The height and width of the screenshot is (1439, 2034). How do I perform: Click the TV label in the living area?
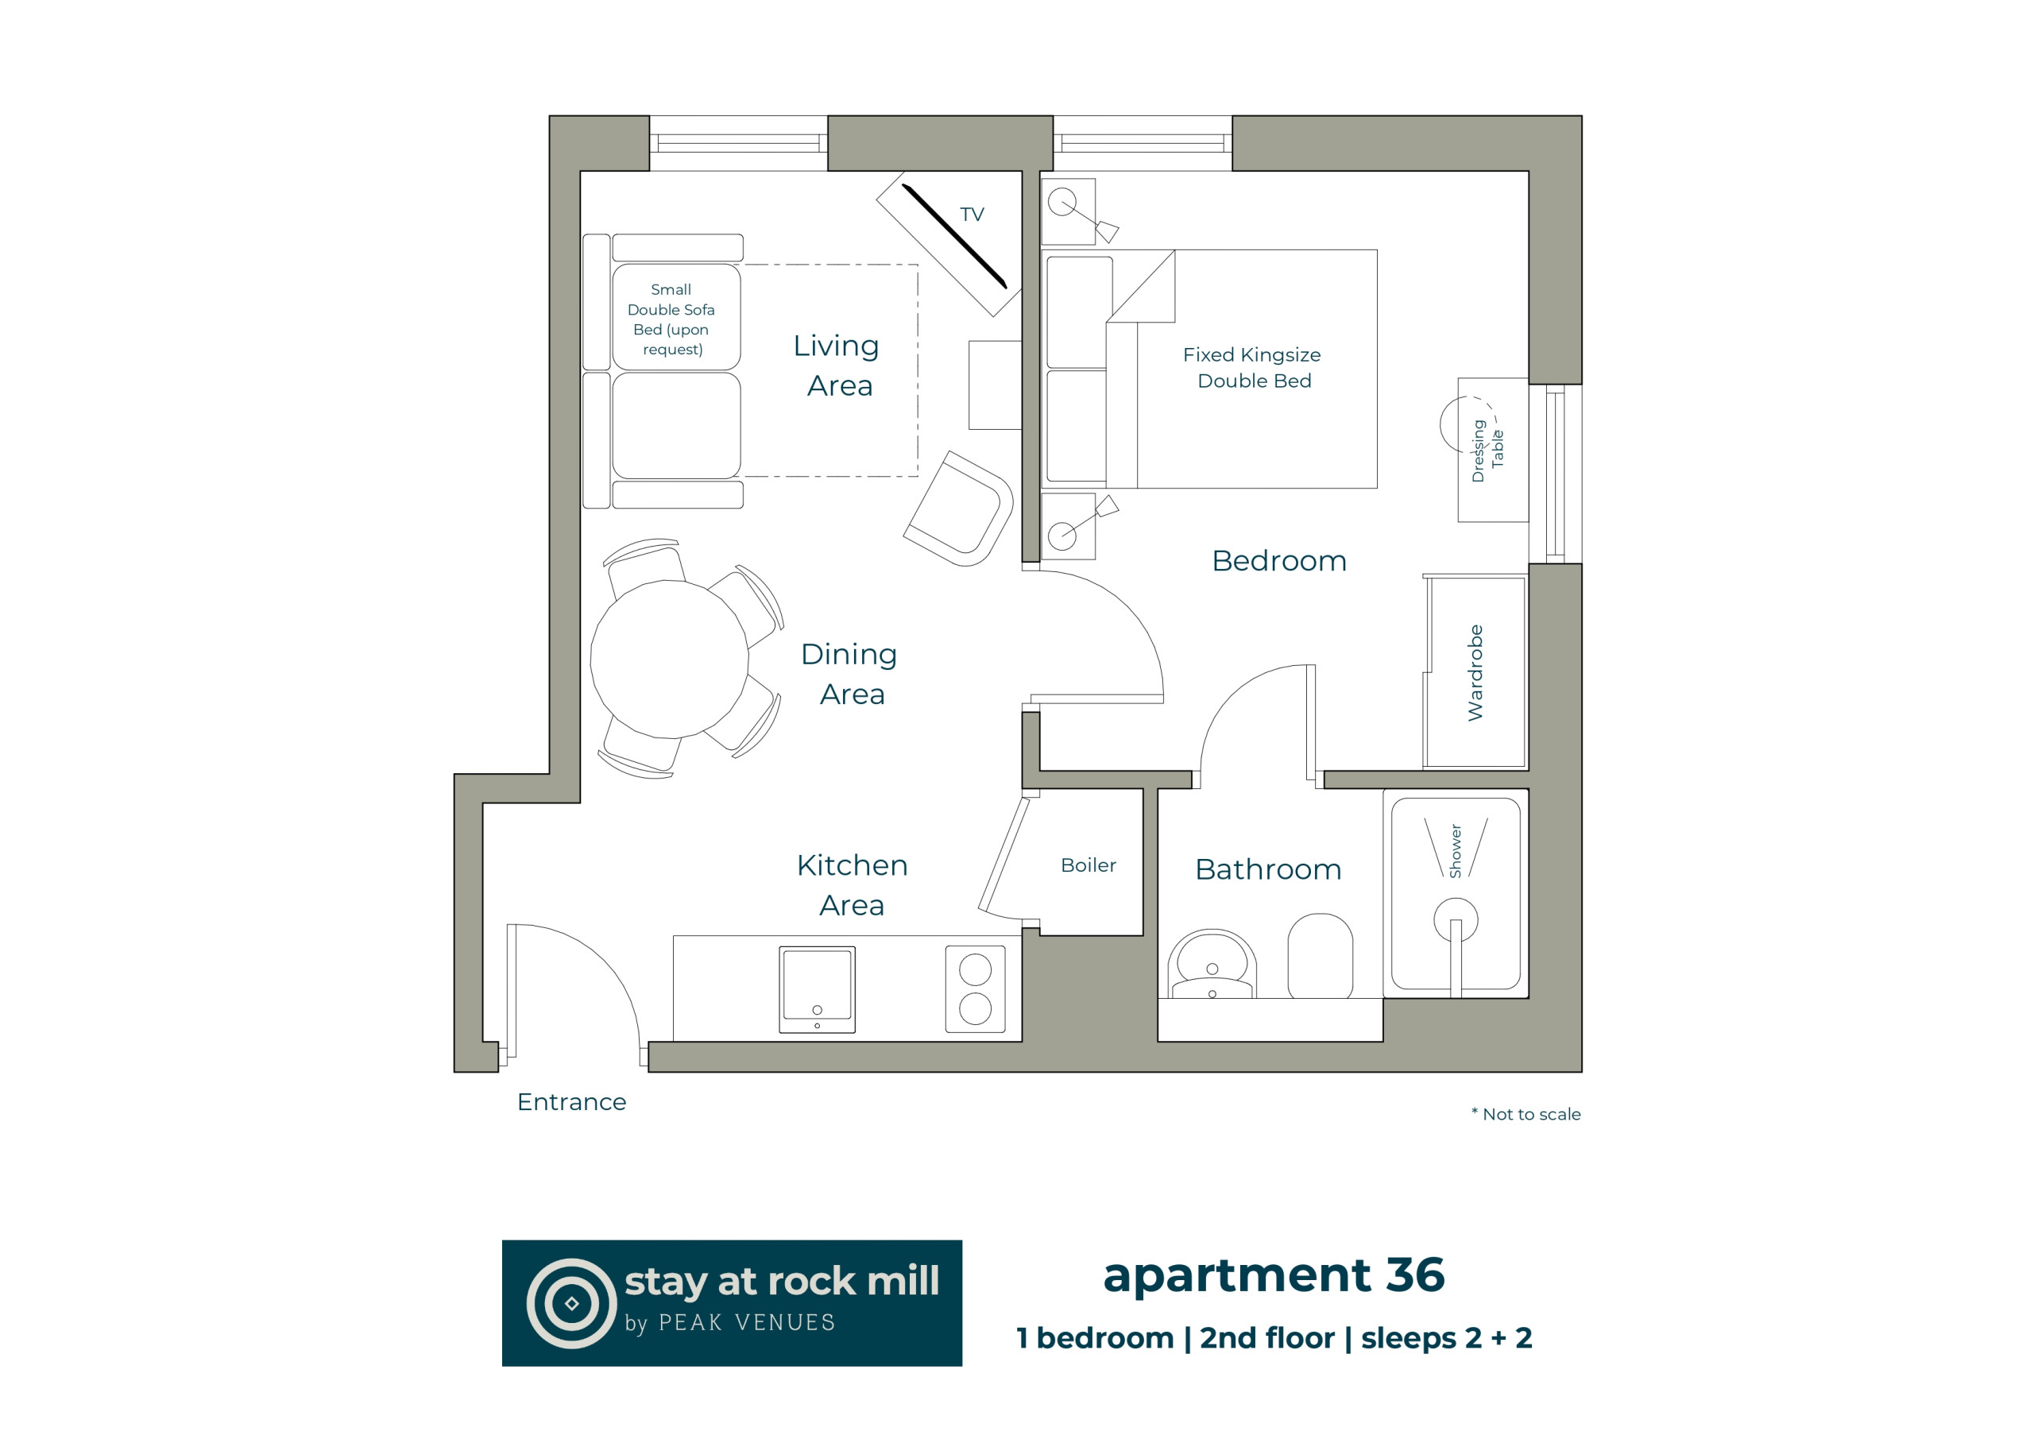972,215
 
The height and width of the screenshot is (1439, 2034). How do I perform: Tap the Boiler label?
1088,865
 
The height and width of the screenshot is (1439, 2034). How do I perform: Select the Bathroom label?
1268,869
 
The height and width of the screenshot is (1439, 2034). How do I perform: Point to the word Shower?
1455,851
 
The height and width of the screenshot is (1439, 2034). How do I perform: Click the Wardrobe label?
1475,672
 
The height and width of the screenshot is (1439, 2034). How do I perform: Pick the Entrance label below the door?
571,1101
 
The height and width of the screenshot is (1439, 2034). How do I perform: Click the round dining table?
670,660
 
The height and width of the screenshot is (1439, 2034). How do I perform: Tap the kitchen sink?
817,990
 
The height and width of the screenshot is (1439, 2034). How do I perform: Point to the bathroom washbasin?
1212,964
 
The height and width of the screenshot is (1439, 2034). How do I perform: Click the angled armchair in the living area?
958,509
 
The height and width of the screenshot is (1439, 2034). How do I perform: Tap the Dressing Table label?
1487,450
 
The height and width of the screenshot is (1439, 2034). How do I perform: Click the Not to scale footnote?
1525,1114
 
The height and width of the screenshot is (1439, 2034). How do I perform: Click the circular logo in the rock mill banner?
571,1303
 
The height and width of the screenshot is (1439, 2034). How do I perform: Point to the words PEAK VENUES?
747,1322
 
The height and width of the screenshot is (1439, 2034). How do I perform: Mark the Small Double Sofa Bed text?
671,319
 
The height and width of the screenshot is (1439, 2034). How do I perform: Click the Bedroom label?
1279,561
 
